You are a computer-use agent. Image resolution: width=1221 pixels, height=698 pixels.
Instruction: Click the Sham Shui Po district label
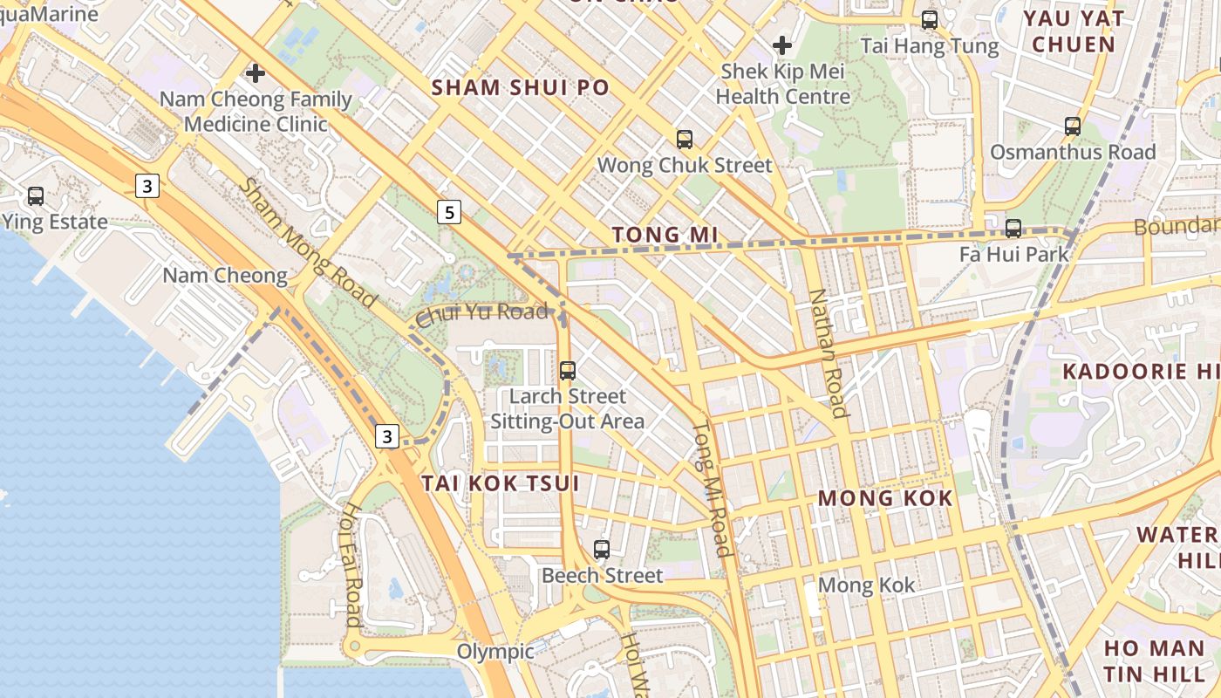pyautogui.click(x=520, y=87)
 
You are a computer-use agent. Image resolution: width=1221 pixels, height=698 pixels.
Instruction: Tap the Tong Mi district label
pyautogui.click(x=665, y=235)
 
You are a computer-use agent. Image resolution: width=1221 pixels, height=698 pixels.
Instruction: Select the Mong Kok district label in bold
pyautogui.click(x=885, y=498)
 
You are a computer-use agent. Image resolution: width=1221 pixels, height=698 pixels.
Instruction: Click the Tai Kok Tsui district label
pyautogui.click(x=501, y=483)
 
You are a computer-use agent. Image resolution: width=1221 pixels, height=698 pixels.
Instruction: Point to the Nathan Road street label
pyautogui.click(x=828, y=353)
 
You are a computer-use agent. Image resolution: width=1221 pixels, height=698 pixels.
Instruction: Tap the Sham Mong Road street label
pyautogui.click(x=308, y=243)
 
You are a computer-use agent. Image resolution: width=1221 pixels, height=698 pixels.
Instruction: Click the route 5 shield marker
pyautogui.click(x=448, y=211)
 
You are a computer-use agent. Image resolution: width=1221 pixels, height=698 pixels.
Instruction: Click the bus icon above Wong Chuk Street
pyautogui.click(x=685, y=139)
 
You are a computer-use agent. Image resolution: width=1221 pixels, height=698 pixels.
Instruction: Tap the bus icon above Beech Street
pyautogui.click(x=602, y=549)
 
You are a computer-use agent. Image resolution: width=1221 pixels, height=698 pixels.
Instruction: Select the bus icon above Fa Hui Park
pyautogui.click(x=1013, y=229)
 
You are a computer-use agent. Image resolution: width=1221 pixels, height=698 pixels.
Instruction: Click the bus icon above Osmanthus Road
pyautogui.click(x=1073, y=126)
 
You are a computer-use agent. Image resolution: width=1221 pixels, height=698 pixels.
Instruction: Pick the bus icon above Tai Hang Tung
pyautogui.click(x=930, y=19)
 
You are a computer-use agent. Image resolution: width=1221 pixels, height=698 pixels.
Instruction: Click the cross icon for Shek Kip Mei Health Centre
pyautogui.click(x=782, y=44)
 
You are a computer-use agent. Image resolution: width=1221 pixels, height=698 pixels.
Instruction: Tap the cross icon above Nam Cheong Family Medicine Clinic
pyautogui.click(x=256, y=72)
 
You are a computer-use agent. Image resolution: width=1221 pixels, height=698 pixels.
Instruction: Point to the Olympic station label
pyautogui.click(x=495, y=652)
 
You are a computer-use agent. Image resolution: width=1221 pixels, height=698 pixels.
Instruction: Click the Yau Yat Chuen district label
pyautogui.click(x=1073, y=31)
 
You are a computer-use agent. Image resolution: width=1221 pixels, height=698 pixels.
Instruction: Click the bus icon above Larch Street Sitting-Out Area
pyautogui.click(x=568, y=370)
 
